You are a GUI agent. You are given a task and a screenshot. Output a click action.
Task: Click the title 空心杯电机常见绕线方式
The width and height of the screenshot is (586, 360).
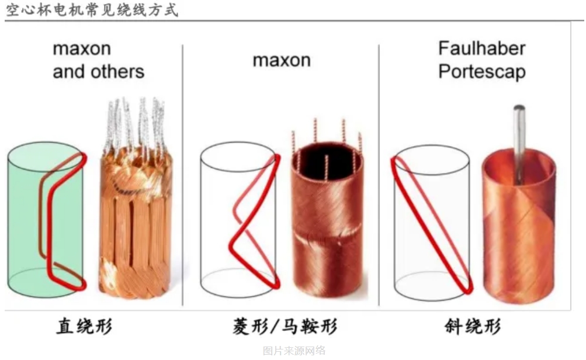pos(92,10)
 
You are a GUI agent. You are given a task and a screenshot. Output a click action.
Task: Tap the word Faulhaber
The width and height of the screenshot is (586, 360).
pos(482,49)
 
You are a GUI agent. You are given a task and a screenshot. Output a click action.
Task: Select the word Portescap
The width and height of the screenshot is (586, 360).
pos(482,71)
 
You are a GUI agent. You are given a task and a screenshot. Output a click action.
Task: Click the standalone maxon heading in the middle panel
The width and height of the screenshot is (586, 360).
pos(282,60)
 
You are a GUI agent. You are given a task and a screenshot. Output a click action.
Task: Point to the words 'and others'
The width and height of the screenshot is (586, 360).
pos(99,71)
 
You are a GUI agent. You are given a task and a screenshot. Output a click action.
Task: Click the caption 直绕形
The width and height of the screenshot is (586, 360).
pos(85,326)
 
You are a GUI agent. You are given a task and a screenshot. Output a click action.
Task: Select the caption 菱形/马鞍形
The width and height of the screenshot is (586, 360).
pos(285,326)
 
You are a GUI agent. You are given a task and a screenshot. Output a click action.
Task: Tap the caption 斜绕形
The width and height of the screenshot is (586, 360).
pos(473,326)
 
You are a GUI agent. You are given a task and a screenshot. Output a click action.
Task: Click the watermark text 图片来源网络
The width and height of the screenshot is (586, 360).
pos(294,351)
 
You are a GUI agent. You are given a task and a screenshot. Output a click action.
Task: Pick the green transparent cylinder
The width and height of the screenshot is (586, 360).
pos(46,220)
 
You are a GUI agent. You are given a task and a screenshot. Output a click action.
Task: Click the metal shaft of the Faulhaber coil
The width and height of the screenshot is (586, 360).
pos(519,144)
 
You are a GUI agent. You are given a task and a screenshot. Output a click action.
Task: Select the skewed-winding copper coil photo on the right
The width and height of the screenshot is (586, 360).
pos(519,224)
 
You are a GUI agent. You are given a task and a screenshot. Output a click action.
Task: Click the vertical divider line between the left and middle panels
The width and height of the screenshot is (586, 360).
pos(183,175)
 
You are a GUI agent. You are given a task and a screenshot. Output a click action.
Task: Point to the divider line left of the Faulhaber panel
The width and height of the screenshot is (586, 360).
pos(379,175)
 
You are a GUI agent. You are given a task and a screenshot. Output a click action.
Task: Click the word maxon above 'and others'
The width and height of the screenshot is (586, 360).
pos(82,49)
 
